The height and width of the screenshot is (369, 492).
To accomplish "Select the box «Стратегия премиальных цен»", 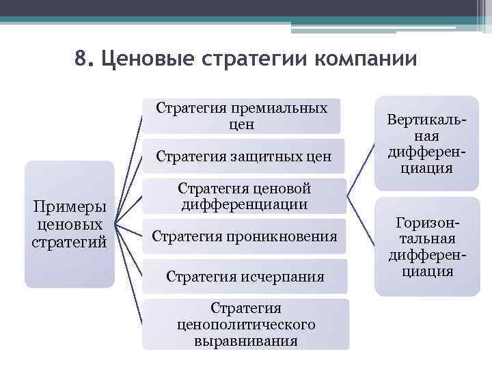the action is pos(241,116).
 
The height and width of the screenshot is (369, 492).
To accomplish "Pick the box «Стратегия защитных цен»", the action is pos(243,156).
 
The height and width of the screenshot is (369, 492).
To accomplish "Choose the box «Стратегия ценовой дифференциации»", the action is pos(244,195).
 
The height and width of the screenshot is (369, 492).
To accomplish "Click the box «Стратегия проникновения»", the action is pos(244,237).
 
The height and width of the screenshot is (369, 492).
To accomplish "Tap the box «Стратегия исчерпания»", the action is pos(245,277).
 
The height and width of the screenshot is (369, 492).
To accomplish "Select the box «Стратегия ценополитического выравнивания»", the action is pos(245,324).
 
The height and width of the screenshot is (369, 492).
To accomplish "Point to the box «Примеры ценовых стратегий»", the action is pos(69,224).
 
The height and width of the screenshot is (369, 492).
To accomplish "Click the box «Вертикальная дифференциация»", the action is pos(427,143).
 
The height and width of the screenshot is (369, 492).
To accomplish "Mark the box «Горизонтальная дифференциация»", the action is pos(427,247).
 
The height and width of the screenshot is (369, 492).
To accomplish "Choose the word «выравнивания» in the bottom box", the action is pos(245,340).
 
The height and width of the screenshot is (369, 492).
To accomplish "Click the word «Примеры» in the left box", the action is pos(69,208).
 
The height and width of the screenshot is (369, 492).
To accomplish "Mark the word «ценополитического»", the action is pos(245,324).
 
